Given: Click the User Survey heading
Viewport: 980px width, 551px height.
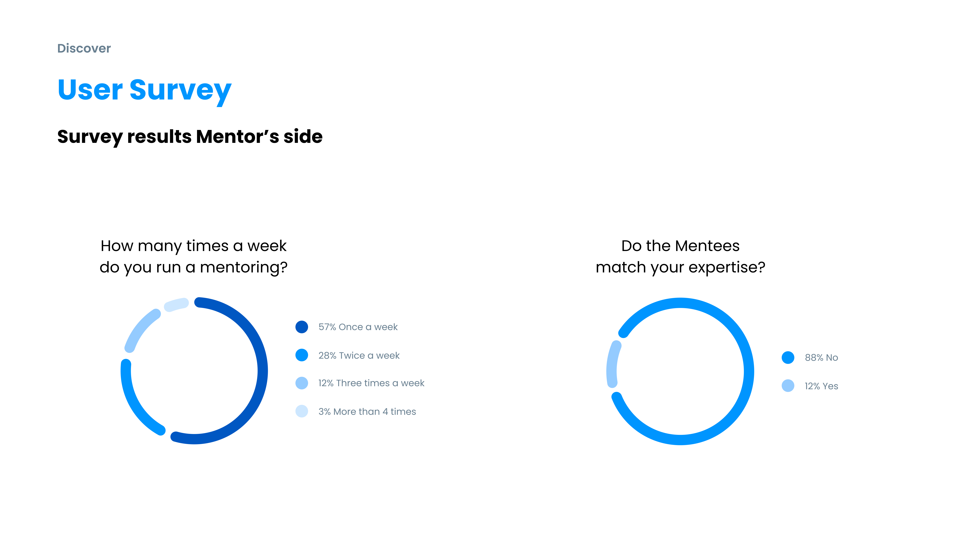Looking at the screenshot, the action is (x=145, y=90).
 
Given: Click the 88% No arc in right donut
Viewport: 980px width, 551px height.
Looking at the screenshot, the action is (x=749, y=371).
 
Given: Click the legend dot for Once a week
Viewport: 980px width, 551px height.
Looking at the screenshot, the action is (x=302, y=327).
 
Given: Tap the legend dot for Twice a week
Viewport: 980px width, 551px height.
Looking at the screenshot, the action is (x=302, y=355).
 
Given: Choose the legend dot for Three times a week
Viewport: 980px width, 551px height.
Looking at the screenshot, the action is (x=302, y=383).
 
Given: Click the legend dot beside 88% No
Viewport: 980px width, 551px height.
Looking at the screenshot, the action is (x=788, y=357).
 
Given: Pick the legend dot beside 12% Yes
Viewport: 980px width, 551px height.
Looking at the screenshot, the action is (x=788, y=386).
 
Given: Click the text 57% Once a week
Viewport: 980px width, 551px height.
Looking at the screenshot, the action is (x=358, y=327).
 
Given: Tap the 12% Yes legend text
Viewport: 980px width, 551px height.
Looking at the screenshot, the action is (x=821, y=386).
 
